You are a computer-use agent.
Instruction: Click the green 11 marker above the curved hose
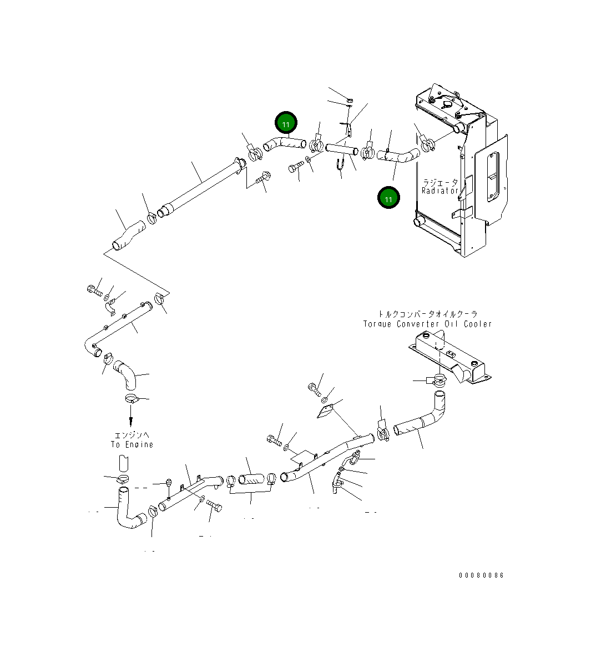[286, 123]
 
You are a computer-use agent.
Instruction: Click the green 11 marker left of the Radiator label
[388, 198]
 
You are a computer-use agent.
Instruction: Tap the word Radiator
[440, 191]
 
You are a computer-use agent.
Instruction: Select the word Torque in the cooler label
[377, 324]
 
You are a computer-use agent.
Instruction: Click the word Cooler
[478, 324]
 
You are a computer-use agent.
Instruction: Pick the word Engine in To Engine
[139, 444]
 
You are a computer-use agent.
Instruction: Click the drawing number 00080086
[482, 575]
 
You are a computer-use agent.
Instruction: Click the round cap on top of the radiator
[447, 104]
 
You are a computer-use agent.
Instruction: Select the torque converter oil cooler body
[451, 358]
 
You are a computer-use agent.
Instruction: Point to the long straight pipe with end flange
[202, 186]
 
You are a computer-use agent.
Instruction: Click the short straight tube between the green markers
[342, 149]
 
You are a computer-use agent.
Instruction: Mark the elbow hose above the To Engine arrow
[125, 374]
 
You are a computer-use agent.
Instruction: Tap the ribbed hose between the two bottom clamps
[251, 479]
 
